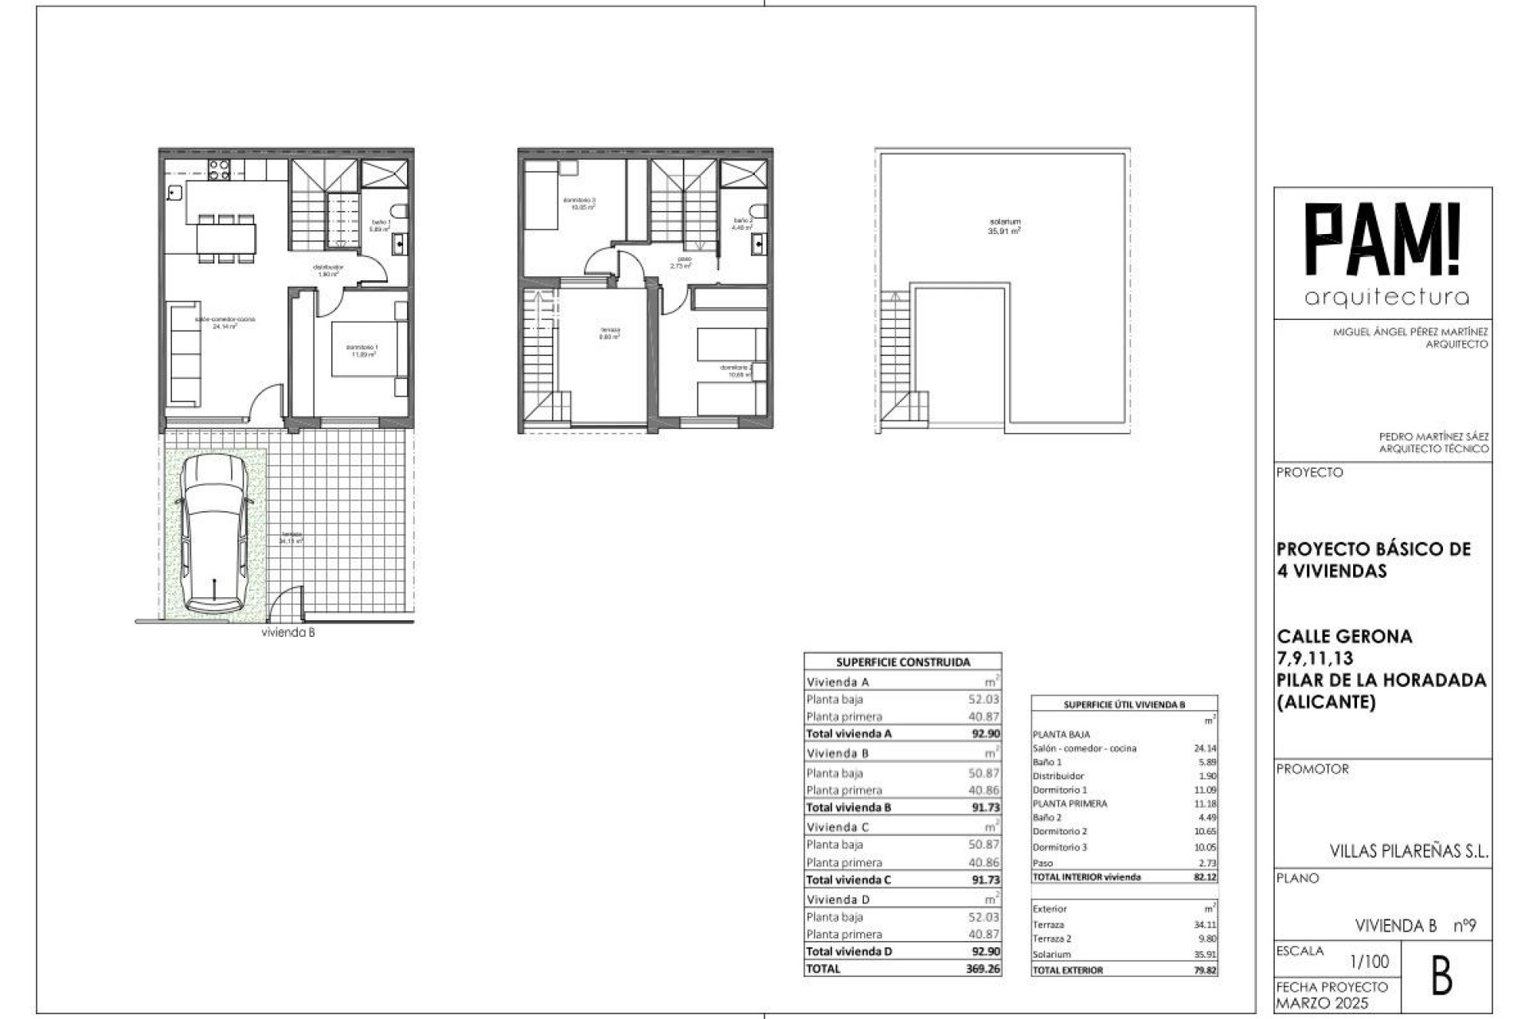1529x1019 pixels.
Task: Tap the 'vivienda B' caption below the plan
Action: tap(288, 633)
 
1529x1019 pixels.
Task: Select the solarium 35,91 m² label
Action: tap(1004, 226)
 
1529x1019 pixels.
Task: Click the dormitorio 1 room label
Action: tap(362, 350)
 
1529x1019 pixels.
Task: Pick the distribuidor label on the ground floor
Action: tap(328, 270)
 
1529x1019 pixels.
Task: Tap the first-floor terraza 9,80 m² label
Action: tap(609, 333)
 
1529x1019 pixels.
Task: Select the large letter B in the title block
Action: tap(1441, 978)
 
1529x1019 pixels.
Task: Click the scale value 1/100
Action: tap(1370, 962)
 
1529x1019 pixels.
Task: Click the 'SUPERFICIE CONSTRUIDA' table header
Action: tap(903, 662)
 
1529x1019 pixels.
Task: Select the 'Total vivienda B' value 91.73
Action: tap(985, 807)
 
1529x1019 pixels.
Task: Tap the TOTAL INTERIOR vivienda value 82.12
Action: tap(1205, 876)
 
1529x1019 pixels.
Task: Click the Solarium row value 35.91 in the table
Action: tap(1205, 954)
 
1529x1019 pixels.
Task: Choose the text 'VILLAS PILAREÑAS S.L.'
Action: tap(1409, 851)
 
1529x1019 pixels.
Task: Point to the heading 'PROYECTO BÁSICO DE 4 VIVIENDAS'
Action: tap(1373, 560)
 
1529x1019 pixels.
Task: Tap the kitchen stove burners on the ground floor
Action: tap(219, 169)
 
